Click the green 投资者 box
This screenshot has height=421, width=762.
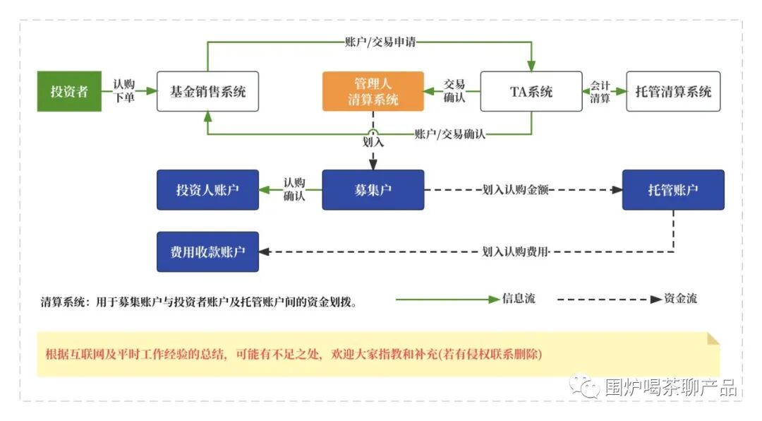coord(69,92)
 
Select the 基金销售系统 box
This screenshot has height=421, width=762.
coord(207,92)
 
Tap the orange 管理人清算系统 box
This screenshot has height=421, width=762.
coord(373,92)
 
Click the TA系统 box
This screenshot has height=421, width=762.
coord(531,92)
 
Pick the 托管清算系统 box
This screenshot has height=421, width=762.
coord(673,92)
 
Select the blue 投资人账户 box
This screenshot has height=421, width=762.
coord(207,190)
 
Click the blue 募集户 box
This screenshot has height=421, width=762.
coord(373,190)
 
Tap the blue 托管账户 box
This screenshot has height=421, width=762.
coord(673,190)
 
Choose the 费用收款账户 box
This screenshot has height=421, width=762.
coord(207,251)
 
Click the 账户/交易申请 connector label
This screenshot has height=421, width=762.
coord(380,42)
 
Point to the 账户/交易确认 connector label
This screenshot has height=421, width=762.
coord(449,134)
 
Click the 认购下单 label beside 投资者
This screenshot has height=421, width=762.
coord(124,91)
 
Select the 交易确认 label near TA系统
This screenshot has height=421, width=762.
coord(454,91)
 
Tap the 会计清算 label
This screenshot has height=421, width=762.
coord(600,92)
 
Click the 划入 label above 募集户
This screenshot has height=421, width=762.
coord(373,142)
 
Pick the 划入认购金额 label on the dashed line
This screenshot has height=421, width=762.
coord(515,190)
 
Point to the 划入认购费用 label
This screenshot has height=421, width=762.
coord(515,251)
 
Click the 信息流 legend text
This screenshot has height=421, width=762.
coord(519,298)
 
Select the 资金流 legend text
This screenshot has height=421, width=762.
coord(680,298)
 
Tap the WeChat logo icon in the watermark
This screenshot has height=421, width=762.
coord(585,386)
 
